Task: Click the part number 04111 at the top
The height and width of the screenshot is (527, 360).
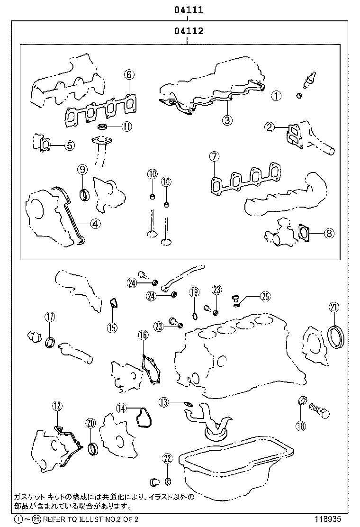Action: click(189, 10)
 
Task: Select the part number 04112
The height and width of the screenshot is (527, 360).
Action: click(189, 32)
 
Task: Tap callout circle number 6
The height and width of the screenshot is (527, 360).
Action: click(130, 74)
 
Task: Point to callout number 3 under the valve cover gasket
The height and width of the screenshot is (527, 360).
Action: click(228, 120)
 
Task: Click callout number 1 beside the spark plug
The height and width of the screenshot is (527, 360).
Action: click(277, 96)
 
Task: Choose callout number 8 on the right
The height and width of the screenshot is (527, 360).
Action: click(329, 233)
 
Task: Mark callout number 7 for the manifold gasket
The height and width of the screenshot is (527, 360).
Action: click(214, 156)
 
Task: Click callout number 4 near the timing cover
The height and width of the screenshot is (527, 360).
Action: click(96, 224)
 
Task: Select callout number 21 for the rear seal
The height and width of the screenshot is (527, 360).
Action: click(334, 307)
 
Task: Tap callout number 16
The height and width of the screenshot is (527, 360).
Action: click(143, 336)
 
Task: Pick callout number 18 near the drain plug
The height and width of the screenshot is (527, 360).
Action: click(300, 426)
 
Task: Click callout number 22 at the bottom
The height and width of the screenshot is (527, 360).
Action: click(167, 458)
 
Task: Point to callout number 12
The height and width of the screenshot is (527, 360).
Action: click(57, 405)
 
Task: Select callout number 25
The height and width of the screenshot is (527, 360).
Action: click(265, 297)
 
